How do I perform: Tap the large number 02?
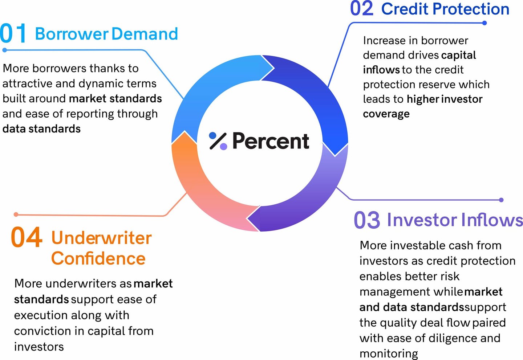(362, 8)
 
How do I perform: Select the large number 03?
(367, 220)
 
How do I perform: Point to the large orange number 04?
(27, 237)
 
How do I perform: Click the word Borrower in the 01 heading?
(72, 34)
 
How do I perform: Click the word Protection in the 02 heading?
(471, 9)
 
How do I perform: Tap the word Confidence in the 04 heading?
(98, 258)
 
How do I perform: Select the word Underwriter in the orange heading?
(102, 238)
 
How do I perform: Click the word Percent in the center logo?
(271, 141)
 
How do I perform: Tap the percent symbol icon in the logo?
(218, 141)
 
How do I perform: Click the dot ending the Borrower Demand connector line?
(5, 50)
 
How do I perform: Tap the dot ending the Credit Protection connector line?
(485, 23)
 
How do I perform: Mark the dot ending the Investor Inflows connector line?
(501, 200)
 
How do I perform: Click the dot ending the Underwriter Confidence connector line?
(16, 214)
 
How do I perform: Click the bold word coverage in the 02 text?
(386, 114)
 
